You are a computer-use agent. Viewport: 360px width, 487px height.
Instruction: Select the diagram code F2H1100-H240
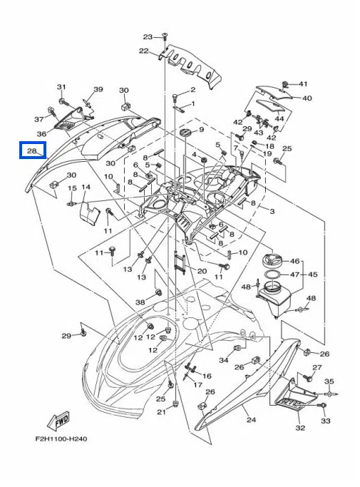point(61,439)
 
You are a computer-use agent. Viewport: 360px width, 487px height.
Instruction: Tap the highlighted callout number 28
point(32,150)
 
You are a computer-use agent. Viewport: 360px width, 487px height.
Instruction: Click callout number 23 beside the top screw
point(148,37)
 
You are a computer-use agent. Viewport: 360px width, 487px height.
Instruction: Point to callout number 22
point(143,51)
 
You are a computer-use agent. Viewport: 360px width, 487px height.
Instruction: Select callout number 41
point(302,84)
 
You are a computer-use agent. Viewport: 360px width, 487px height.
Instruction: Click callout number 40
point(307,98)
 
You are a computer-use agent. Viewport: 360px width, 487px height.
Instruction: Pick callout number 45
point(312,275)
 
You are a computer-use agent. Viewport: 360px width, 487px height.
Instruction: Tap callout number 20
point(202,271)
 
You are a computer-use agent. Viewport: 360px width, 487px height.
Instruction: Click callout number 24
point(251,420)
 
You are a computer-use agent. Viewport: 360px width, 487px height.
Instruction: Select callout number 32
point(300,428)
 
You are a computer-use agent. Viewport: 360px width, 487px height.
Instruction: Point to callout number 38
point(140,302)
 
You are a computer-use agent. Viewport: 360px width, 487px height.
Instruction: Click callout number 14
point(86,187)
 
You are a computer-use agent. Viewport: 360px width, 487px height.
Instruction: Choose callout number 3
point(272,212)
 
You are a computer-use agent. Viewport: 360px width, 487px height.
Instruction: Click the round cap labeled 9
point(185,133)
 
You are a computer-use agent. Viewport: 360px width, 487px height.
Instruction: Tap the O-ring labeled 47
point(273,275)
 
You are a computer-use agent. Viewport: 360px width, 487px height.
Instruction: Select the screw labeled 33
point(324,405)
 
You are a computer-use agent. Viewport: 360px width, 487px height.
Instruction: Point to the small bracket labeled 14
point(89,212)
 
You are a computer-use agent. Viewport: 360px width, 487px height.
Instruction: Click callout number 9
point(201,129)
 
